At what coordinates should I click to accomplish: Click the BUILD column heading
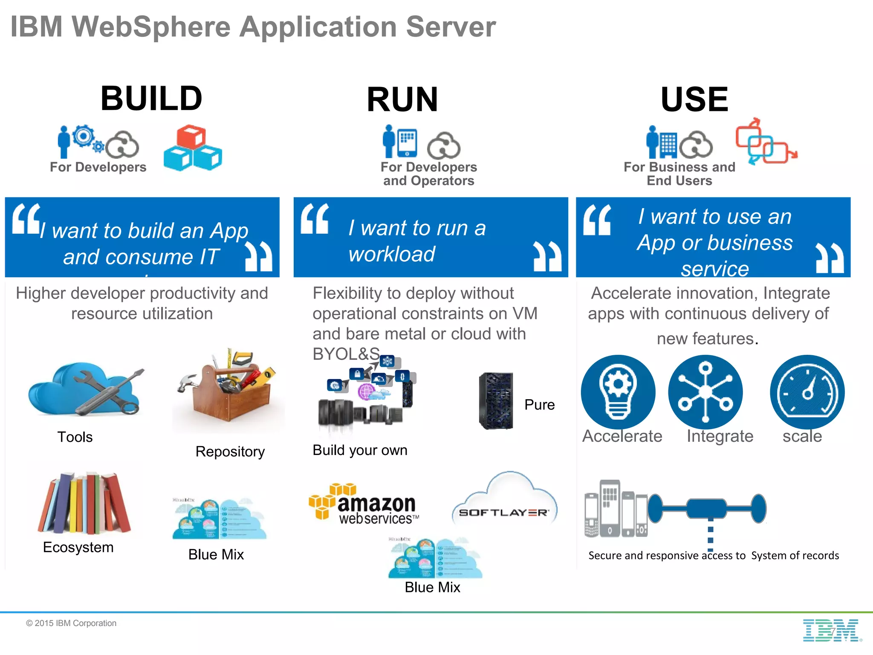point(151,99)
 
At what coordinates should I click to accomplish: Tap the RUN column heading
point(402,100)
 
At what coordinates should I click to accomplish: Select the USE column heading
point(694,99)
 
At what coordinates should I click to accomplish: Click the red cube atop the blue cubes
point(191,136)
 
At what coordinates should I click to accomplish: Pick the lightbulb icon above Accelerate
point(618,391)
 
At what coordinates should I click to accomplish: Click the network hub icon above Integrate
point(705,391)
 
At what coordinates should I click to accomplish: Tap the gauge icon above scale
point(807,391)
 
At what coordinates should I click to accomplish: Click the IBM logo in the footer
point(831,630)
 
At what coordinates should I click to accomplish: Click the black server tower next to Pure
point(496,401)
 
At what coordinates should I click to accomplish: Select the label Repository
point(230,452)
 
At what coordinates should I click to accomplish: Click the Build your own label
point(360,450)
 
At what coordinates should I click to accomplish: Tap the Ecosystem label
point(78,548)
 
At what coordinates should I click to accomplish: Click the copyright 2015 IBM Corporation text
point(71,623)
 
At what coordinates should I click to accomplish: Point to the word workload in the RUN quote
point(392,254)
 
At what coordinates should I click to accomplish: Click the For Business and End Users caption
point(679,174)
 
